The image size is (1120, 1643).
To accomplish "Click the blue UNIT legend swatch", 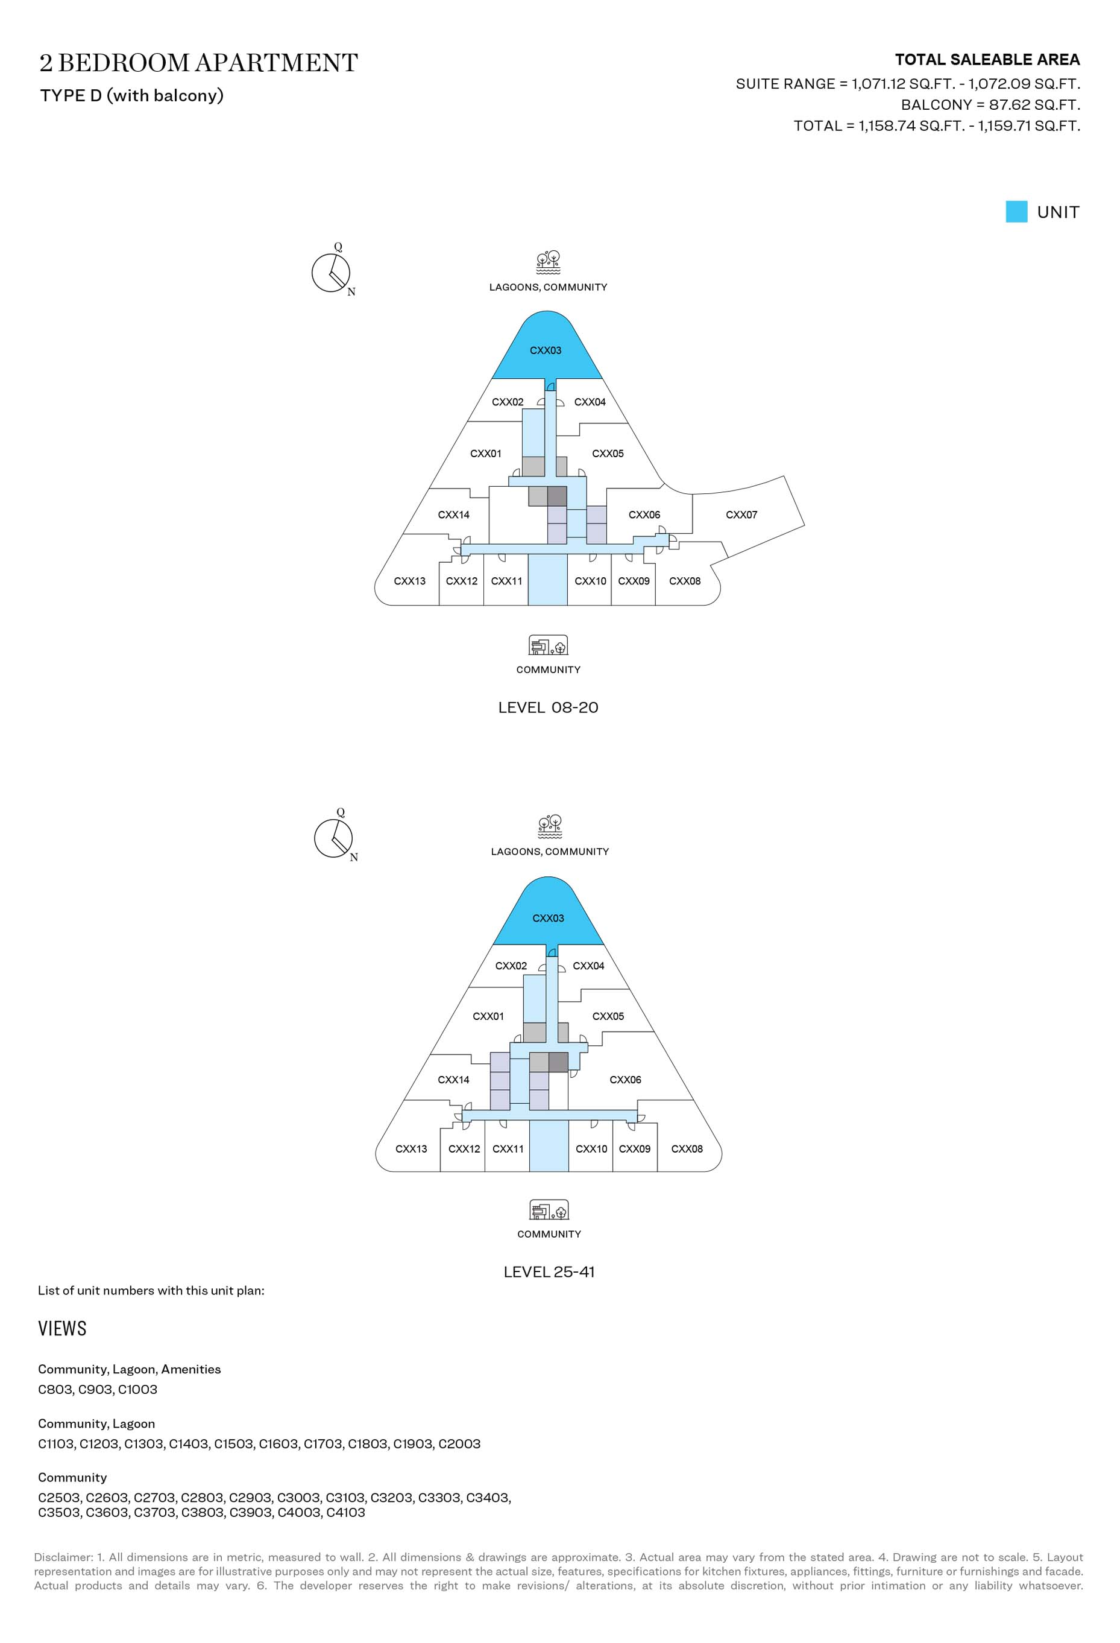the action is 1016,212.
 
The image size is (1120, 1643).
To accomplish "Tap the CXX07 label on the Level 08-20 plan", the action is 741,514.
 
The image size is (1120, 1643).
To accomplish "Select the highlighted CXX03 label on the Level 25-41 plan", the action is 549,919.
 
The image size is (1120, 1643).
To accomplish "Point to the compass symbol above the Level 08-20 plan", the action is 331,271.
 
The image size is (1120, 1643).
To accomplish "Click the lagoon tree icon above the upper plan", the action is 549,262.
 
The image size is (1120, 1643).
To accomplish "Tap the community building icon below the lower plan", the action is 549,1211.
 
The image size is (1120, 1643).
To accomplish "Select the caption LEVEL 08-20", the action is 549,708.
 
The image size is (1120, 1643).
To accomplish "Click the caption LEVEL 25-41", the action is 549,1272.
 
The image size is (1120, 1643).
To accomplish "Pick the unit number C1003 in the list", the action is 138,1389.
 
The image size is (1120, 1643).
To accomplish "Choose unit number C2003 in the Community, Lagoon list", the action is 459,1443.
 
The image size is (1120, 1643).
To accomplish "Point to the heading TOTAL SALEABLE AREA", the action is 987,59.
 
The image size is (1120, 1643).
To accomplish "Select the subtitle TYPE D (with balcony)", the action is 132,95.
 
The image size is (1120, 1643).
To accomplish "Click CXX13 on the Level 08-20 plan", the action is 410,581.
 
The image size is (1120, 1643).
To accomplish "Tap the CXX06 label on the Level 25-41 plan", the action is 625,1080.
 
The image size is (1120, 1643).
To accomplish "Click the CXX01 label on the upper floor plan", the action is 486,454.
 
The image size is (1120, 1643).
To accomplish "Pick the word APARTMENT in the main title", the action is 276,63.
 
